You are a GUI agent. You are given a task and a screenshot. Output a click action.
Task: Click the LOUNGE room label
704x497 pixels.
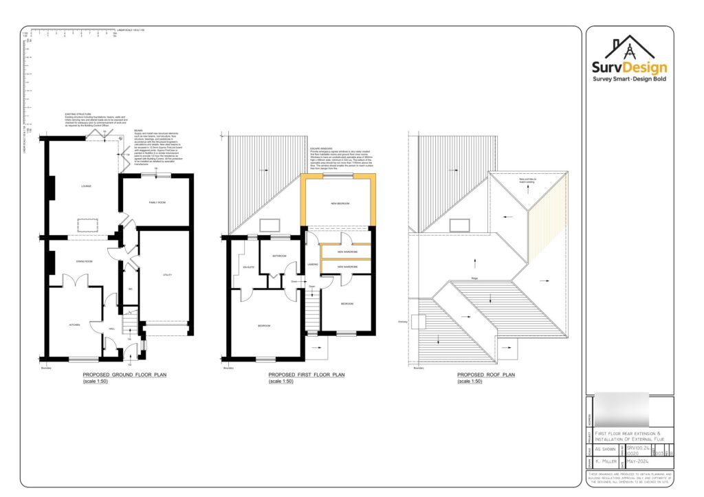(x=86, y=186)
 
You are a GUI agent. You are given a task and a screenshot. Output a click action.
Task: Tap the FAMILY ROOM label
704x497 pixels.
(x=158, y=203)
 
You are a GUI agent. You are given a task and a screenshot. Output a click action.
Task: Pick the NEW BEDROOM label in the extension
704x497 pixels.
(x=340, y=203)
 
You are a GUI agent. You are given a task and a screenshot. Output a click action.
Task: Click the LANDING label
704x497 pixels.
(x=311, y=264)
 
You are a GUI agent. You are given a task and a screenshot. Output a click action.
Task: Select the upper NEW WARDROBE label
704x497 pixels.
(x=347, y=252)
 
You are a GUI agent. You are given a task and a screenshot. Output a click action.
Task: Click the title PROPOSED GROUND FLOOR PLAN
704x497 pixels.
(x=124, y=375)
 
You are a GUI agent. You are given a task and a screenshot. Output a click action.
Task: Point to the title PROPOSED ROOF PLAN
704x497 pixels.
(x=485, y=375)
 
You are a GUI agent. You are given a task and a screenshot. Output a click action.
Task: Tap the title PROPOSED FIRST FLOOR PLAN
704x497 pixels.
(x=306, y=375)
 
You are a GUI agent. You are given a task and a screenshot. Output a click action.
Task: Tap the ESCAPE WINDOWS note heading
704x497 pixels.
(x=322, y=148)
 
